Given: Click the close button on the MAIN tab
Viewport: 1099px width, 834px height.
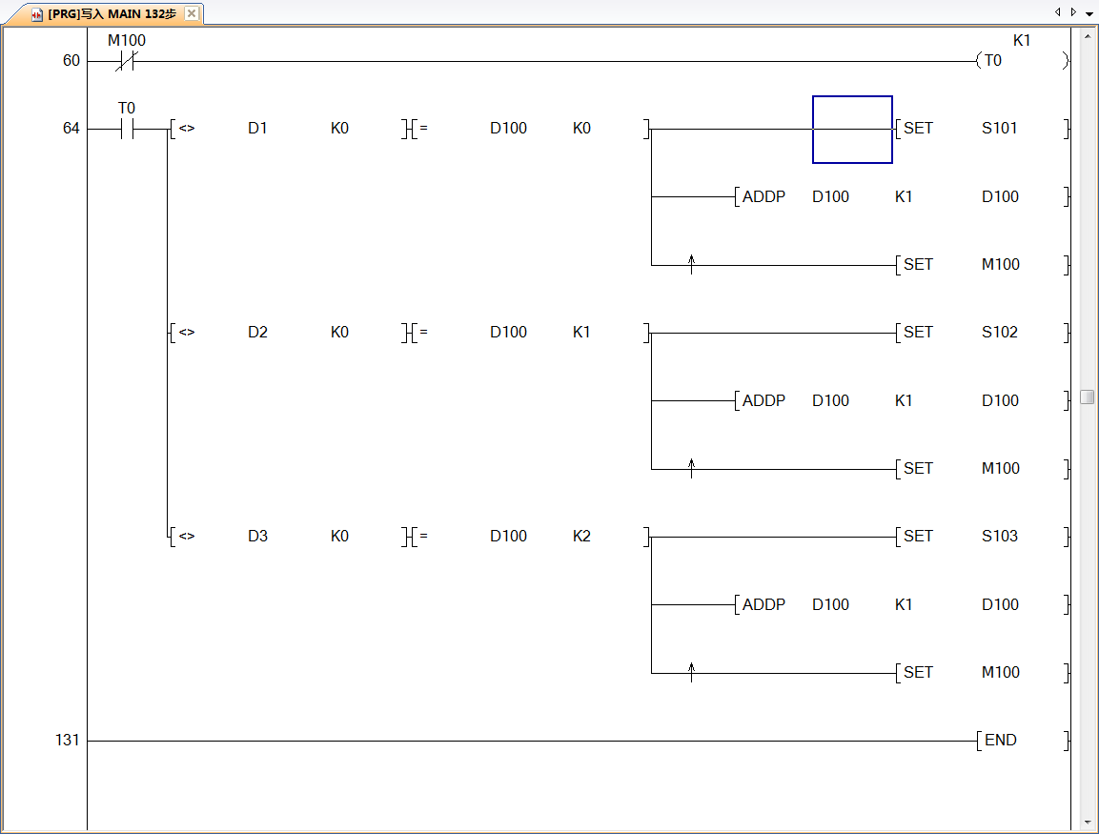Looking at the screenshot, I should point(192,13).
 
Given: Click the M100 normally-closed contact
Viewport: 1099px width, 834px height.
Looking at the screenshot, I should point(127,61).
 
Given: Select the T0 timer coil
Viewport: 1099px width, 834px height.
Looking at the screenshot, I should point(993,61).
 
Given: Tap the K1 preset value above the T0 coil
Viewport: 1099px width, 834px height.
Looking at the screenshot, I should point(1022,41).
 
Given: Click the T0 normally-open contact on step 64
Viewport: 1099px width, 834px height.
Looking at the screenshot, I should point(127,129).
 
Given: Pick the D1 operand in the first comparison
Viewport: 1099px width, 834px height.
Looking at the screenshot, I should point(257,129).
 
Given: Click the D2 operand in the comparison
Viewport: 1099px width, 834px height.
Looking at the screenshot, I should point(257,333).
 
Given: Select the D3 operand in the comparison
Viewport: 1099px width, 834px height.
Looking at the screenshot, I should point(257,537).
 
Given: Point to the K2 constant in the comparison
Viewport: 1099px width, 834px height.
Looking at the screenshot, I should point(581,537).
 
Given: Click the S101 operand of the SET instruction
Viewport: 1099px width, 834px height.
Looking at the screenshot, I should point(1000,129).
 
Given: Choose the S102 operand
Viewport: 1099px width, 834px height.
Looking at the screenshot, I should point(1000,333).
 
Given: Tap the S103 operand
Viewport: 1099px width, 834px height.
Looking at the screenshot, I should point(1000,537).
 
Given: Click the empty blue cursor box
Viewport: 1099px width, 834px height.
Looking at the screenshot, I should point(852,129).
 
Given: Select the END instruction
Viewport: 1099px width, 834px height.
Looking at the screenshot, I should point(1000,741).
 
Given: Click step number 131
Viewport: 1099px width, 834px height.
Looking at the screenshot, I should point(67,741).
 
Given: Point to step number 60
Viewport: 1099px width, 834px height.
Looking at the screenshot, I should point(71,61).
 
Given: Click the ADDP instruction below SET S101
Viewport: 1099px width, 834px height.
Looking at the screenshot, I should point(763,197).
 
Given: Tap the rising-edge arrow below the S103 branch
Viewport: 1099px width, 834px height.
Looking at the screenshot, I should point(692,672).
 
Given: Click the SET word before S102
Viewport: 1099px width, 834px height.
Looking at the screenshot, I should point(918,333).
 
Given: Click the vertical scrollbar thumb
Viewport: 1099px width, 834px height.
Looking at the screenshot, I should point(1088,397).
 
